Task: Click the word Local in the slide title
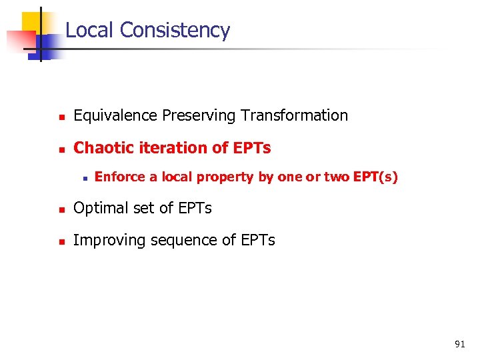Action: pos(90,31)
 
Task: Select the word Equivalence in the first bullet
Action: pos(115,116)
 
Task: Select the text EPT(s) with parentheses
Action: pos(375,177)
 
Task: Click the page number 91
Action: pos(459,344)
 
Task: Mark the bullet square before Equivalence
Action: pos(60,117)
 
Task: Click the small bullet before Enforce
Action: pos(85,179)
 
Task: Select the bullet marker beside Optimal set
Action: pos(60,210)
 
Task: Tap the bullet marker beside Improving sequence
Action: pos(60,242)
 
